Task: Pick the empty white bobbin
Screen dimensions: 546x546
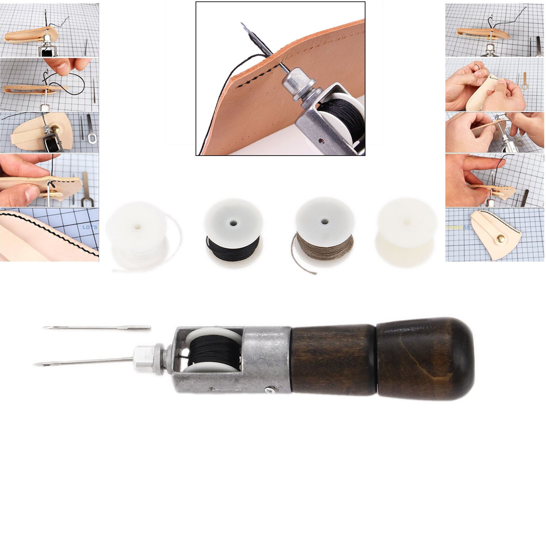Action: click(x=406, y=235)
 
